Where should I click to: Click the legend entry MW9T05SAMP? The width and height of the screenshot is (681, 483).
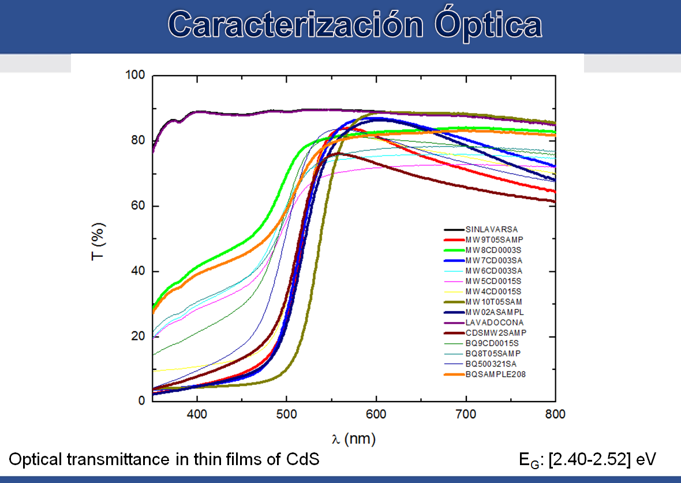pyautogui.click(x=494, y=240)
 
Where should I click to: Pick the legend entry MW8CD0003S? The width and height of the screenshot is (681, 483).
pyautogui.click(x=493, y=250)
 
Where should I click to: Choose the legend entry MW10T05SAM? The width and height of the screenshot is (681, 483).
pyautogui.click(x=494, y=302)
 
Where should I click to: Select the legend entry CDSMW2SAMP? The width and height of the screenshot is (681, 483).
pyautogui.click(x=495, y=333)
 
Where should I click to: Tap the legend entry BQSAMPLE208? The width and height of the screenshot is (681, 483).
pyautogui.click(x=495, y=375)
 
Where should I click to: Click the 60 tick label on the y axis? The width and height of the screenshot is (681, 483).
pyautogui.click(x=139, y=206)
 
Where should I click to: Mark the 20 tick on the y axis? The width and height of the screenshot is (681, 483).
pyautogui.click(x=139, y=336)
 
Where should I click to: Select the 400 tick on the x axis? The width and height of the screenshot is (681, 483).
pyautogui.click(x=197, y=414)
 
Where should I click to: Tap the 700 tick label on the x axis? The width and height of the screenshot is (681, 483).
pyautogui.click(x=466, y=414)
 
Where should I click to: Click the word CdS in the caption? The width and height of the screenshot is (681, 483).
pyautogui.click(x=302, y=459)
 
